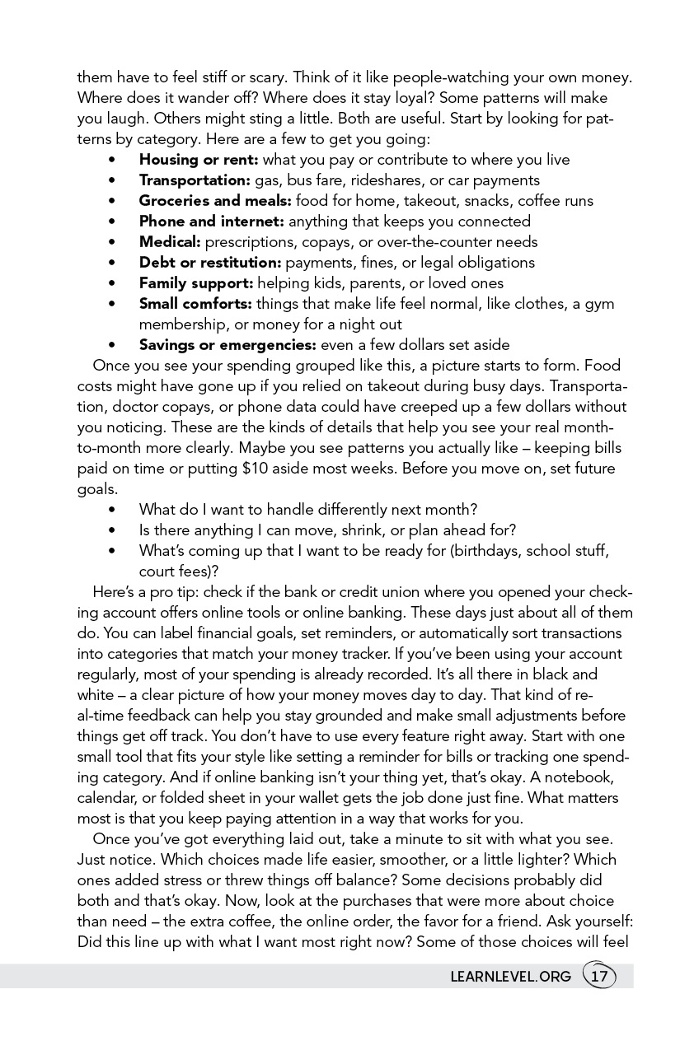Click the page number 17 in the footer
(599, 977)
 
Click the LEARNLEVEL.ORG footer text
(511, 978)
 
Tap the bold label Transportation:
(195, 180)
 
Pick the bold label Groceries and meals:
(215, 201)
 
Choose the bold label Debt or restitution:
(210, 263)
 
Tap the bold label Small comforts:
(195, 304)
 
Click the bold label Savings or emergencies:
(227, 345)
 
